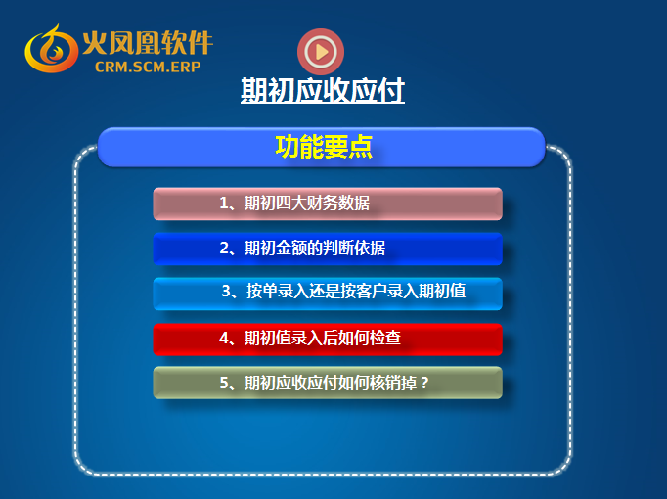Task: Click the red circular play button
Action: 321,52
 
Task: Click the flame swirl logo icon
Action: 52,49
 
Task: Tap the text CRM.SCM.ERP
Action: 148,67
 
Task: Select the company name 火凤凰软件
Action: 148,42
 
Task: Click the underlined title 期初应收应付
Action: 323,90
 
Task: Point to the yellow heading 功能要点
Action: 324,147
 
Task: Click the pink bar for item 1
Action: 328,204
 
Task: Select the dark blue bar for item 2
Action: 328,249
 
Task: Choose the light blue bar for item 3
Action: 328,294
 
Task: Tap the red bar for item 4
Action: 328,340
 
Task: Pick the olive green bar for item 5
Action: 328,383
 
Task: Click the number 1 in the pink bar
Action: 224,204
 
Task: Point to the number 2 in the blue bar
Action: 224,248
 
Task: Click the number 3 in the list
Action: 226,292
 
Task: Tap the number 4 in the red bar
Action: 224,339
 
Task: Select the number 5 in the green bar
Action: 224,384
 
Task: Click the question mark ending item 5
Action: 424,384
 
